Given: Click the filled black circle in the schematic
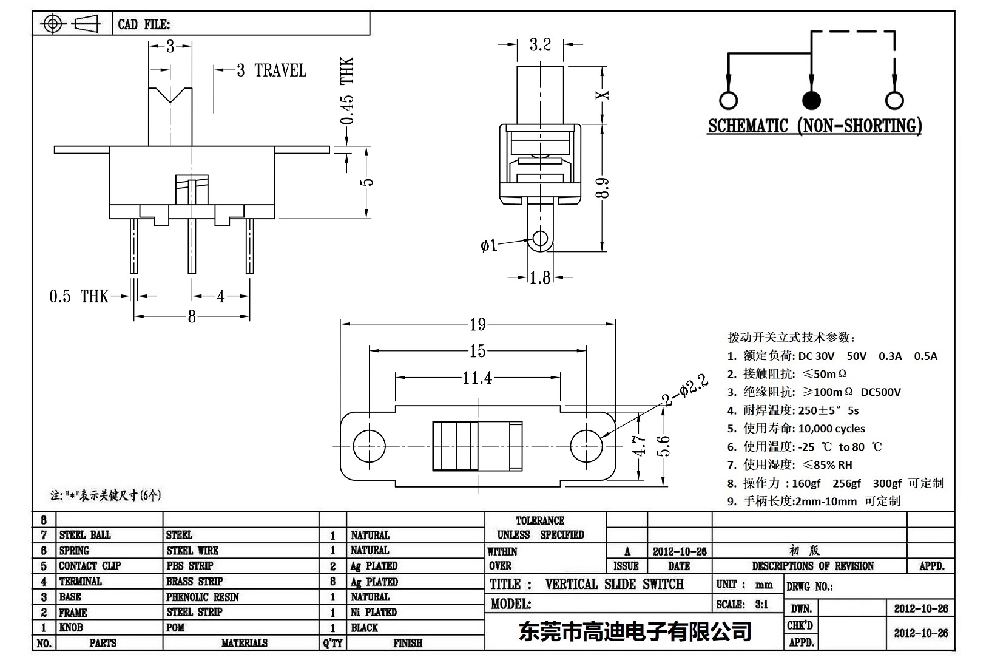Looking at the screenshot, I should (x=811, y=100).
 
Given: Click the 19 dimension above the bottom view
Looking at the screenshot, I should (x=478, y=324).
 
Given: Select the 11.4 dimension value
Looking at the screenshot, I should (x=477, y=378).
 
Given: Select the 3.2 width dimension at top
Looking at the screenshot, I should (x=539, y=44).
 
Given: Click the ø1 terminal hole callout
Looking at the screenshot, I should (x=488, y=245).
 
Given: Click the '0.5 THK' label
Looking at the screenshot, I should (x=78, y=296).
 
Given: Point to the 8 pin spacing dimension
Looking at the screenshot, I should (x=192, y=316).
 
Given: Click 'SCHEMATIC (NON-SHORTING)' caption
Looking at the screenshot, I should (x=815, y=126).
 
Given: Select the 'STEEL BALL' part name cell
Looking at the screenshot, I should (x=85, y=535).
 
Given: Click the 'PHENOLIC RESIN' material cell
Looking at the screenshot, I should (x=203, y=597).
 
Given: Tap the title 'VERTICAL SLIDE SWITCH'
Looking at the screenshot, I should (x=613, y=584).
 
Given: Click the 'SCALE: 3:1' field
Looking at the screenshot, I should (x=742, y=604).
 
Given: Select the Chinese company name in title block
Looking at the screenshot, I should (x=635, y=631).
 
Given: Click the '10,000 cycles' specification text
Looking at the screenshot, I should (x=831, y=429).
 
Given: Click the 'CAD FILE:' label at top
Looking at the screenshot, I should (x=144, y=24).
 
